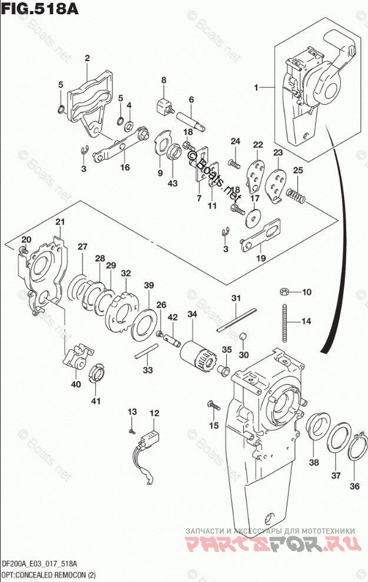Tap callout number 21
tap(59, 221)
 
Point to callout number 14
tap(306, 321)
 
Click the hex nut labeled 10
tap(283, 292)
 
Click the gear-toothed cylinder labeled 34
tap(194, 353)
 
